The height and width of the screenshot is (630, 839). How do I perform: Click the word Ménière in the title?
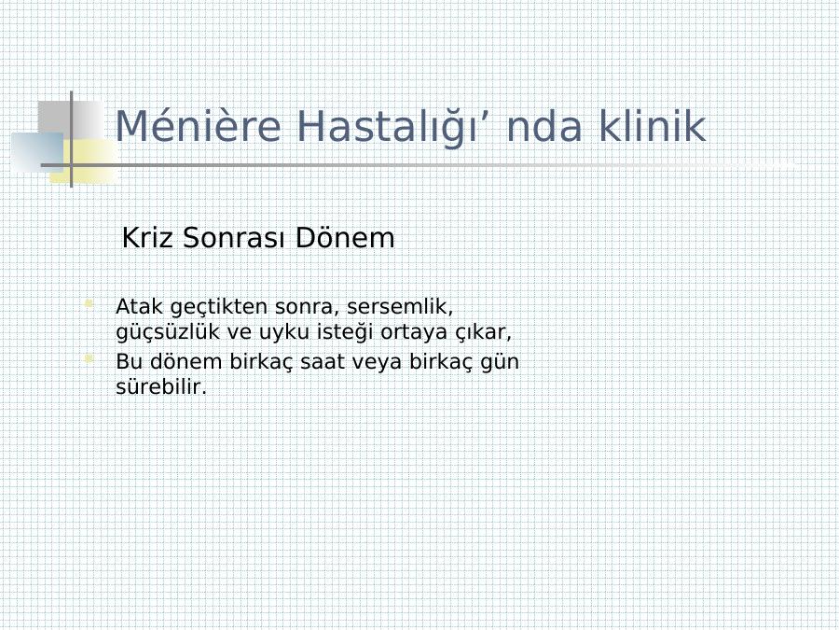pos(198,126)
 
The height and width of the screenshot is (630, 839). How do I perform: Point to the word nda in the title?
pos(543,126)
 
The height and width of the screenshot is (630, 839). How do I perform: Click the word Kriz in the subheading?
pos(147,237)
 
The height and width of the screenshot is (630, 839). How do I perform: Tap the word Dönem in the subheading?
pos(345,237)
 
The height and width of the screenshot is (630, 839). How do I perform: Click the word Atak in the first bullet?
pos(139,306)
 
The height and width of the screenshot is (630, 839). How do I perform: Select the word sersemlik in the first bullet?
pos(399,307)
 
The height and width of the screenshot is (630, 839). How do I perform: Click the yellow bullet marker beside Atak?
pos(89,304)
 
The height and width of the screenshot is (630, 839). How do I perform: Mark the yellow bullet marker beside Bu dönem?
pos(89,358)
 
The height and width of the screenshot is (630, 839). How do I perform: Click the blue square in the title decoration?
pos(37,153)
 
